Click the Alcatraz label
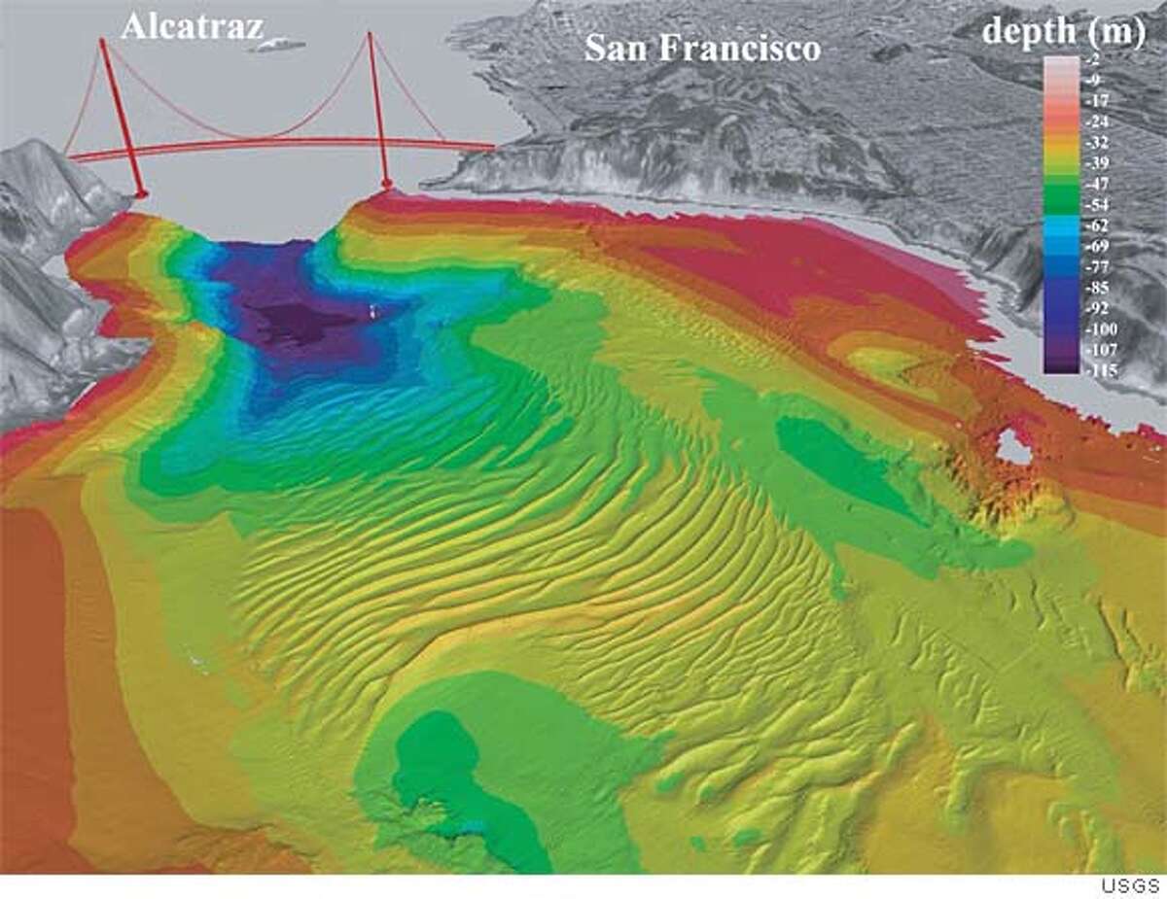pyautogui.click(x=192, y=25)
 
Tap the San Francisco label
pyautogui.click(x=702, y=49)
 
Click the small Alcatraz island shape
pyautogui.click(x=280, y=44)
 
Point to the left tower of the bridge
pyautogui.click(x=119, y=117)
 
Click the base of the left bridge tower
pyautogui.click(x=141, y=194)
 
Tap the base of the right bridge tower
pyautogui.click(x=387, y=184)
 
